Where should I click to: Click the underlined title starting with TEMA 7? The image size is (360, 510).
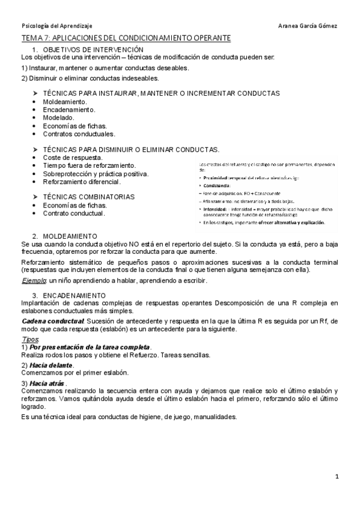(x=126, y=38)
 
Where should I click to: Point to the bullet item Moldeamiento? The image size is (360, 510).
(x=66, y=102)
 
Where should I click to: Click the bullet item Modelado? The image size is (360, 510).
(x=59, y=118)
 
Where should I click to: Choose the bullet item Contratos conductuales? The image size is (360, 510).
(x=79, y=134)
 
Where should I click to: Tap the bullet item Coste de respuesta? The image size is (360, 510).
(x=72, y=158)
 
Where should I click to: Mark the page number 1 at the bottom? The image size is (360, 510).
(x=337, y=477)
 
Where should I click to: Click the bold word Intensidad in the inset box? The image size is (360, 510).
(x=214, y=209)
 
